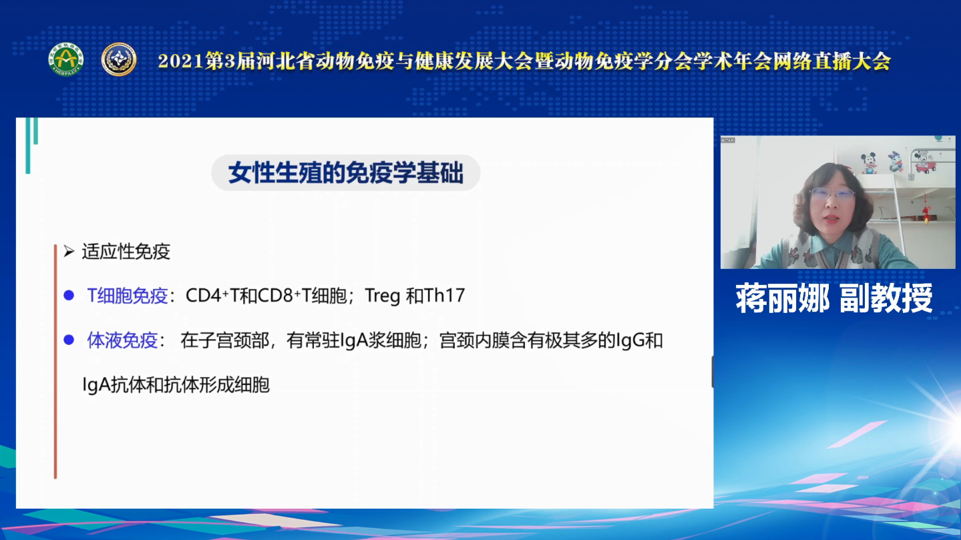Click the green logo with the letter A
65,59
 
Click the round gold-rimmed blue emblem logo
119,59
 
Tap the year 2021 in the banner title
180,61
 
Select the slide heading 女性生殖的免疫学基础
346,173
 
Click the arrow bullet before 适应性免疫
69,251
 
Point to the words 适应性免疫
126,252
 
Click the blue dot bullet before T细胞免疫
69,295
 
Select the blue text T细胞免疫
128,296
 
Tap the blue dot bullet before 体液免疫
69,340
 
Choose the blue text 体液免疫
123,340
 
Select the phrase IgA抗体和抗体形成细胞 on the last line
176,384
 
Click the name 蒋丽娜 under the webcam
783,298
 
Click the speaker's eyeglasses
832,194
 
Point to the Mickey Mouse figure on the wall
870,163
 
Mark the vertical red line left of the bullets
55,361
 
